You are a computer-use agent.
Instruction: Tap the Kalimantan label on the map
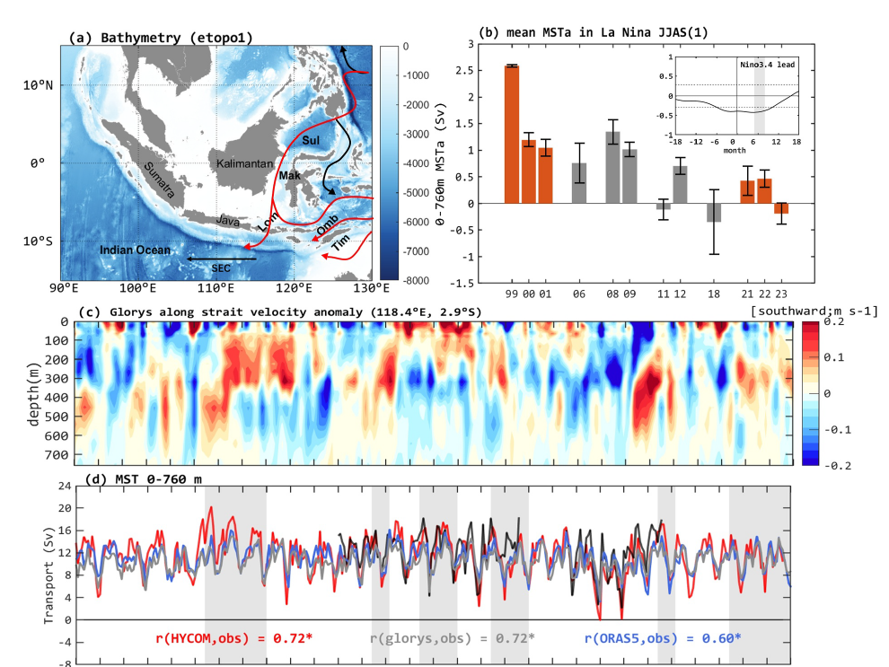point(242,164)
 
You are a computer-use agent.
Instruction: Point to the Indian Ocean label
point(135,250)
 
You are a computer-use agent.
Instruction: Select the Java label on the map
point(227,219)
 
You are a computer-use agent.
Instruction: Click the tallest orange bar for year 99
point(511,135)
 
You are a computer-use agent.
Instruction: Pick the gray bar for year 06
point(580,183)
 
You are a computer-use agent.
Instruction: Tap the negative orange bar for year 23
point(781,208)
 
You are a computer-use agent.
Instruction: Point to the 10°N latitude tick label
point(37,86)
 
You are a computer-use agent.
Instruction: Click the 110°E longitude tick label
point(216,289)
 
